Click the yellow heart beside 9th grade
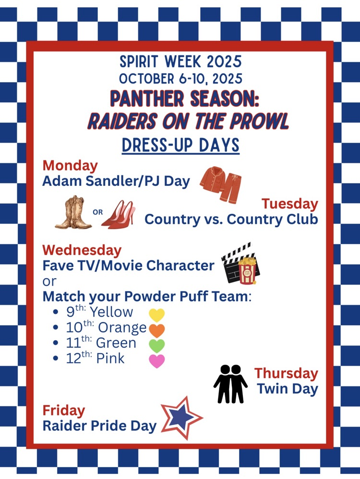point(157,315)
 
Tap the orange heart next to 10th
point(157,331)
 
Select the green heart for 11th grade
point(157,346)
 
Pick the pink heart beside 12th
point(157,361)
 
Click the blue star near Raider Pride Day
point(181,418)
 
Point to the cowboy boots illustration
point(73,212)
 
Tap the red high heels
point(119,214)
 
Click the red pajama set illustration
point(221,184)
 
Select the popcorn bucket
point(247,270)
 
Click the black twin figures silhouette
point(231,384)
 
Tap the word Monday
point(70,166)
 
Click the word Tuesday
point(290,204)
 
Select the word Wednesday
point(82,250)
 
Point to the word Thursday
point(287,373)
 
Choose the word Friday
point(64,411)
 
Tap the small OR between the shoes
point(97,212)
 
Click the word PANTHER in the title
point(147,98)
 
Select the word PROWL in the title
point(259,121)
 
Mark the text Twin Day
point(288,389)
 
